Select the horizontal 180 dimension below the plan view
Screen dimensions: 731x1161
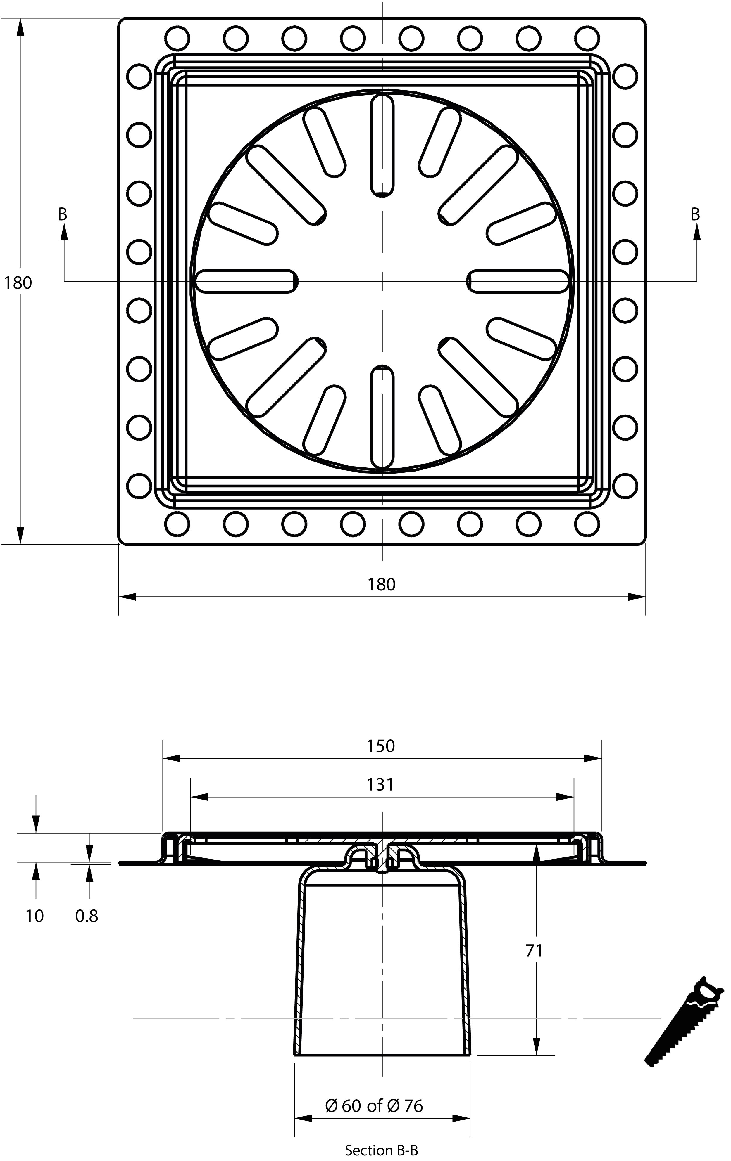coord(382,584)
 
